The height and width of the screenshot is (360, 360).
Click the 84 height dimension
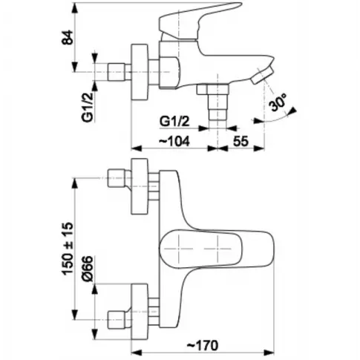point(68,37)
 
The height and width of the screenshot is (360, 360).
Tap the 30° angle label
point(278,102)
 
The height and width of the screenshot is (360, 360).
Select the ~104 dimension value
point(174,141)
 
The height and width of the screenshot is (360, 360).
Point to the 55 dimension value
point(240,141)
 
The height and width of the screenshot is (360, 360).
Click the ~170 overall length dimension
point(202,345)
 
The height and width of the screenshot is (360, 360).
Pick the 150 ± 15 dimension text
point(68,249)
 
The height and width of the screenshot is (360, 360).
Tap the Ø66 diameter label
point(88,269)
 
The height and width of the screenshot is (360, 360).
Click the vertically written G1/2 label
point(88,106)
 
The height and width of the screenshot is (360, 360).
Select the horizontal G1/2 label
point(174,122)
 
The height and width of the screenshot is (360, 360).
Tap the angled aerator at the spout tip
point(262,76)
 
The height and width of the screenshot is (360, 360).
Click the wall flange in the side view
point(140,72)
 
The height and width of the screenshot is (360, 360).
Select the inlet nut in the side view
point(116,72)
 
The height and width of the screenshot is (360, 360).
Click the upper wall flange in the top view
point(140,186)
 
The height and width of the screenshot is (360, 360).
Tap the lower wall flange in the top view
point(140,312)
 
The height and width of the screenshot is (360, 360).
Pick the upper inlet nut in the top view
point(116,178)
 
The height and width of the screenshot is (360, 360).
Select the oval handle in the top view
point(217,249)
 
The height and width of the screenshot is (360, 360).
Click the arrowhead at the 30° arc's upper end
point(293,111)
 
